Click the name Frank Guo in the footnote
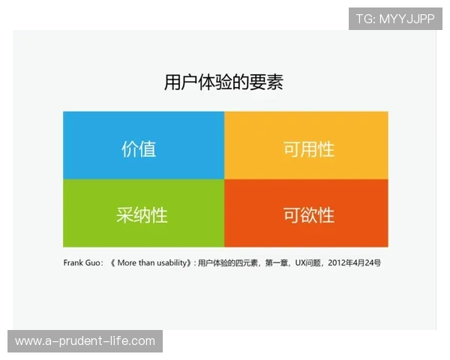click(x=83, y=263)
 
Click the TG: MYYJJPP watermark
click(x=395, y=19)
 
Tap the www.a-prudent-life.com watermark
click(x=85, y=341)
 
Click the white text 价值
click(x=139, y=148)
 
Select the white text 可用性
click(x=308, y=148)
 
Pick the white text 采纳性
click(x=142, y=215)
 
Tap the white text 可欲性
click(x=308, y=215)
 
